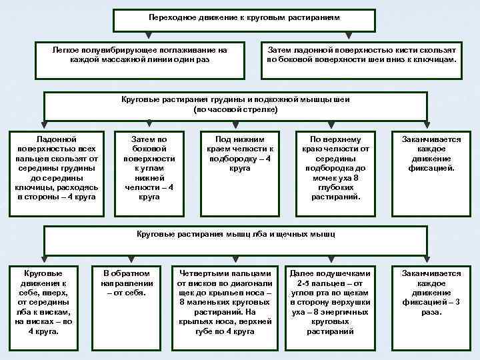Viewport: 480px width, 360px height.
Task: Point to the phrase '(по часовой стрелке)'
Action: pyautogui.click(x=235, y=109)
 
